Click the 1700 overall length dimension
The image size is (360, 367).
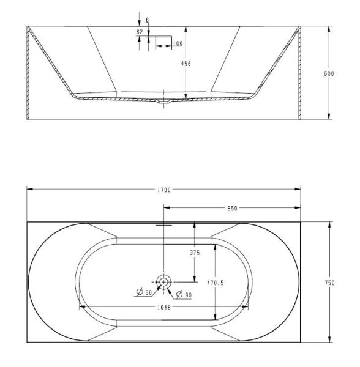click(163, 191)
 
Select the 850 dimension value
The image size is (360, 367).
click(233, 209)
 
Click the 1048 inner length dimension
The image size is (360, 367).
click(163, 307)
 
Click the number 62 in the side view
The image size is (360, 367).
click(140, 31)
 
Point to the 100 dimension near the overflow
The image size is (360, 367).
click(177, 43)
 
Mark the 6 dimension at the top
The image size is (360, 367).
click(146, 20)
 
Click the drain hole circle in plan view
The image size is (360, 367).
click(163, 282)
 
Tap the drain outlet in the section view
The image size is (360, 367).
click(163, 103)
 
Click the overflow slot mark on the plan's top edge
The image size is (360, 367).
click(163, 225)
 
